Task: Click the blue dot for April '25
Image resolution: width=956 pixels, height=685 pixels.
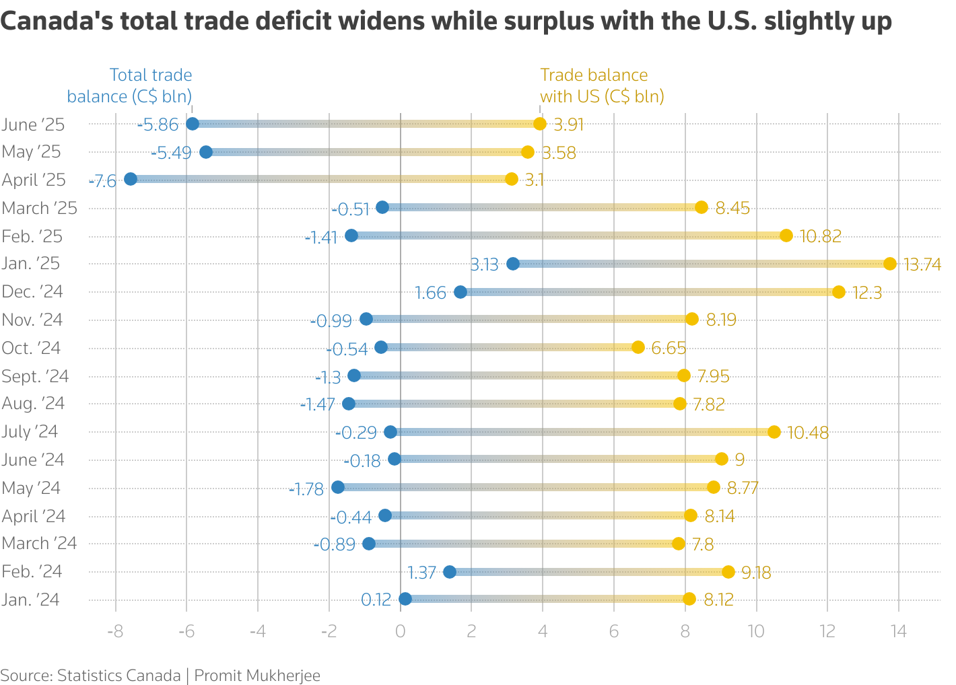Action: click(131, 179)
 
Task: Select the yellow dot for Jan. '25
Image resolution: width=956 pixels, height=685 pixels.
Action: click(889, 264)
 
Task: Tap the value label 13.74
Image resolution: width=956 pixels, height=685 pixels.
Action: click(922, 264)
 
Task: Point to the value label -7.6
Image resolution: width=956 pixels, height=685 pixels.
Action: click(103, 180)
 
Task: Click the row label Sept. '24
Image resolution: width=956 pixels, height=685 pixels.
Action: click(35, 376)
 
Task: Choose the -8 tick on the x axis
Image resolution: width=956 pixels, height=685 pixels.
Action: click(115, 631)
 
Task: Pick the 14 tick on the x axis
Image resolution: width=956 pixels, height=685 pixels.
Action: click(898, 631)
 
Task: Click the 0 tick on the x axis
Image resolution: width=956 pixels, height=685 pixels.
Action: click(400, 631)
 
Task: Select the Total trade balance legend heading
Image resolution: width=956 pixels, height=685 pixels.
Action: click(130, 85)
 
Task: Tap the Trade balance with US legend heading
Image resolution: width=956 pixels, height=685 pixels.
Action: click(601, 85)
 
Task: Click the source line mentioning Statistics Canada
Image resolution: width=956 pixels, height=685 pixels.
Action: click(160, 675)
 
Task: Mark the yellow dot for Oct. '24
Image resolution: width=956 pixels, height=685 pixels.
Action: click(638, 347)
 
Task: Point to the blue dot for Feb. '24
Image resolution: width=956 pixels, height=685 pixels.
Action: click(450, 572)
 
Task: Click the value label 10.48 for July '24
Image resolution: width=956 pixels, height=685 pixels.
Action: click(807, 433)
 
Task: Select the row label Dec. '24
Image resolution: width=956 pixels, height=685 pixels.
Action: click(32, 292)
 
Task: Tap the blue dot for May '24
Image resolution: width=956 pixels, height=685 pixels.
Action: click(338, 487)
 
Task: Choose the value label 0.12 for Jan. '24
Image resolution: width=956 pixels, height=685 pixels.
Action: click(376, 600)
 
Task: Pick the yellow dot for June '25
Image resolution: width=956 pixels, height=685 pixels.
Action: click(539, 124)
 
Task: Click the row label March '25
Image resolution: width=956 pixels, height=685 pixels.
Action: click(40, 208)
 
